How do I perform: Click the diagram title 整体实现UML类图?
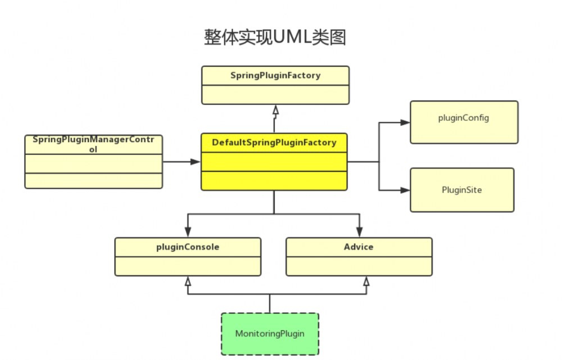(274, 37)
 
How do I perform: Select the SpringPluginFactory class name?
(275, 75)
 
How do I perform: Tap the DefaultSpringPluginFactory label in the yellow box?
(274, 143)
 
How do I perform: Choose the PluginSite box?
(461, 190)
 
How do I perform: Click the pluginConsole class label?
(188, 247)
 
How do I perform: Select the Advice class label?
(359, 247)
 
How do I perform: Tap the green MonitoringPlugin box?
(270, 334)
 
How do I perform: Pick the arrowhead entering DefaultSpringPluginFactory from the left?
(195, 162)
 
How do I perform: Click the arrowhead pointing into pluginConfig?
(405, 122)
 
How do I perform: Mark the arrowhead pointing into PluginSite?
(405, 190)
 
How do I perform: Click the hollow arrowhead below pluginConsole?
(188, 281)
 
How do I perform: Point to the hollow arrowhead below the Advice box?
(366, 281)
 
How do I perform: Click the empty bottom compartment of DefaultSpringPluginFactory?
(274, 180)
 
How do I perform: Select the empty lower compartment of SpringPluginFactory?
(275, 94)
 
